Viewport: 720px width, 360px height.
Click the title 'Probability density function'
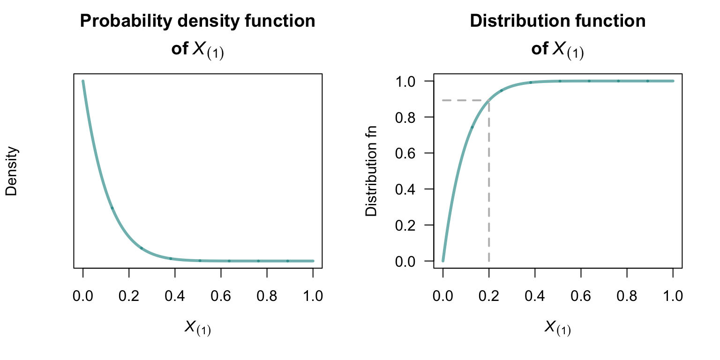click(197, 21)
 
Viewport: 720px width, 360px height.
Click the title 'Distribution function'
click(557, 21)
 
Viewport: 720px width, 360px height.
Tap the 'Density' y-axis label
click(12, 171)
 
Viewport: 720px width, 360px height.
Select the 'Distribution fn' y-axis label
click(371, 171)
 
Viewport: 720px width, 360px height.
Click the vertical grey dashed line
click(489, 187)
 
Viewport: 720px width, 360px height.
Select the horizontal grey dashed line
click(464, 100)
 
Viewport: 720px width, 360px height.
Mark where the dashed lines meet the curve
click(489, 100)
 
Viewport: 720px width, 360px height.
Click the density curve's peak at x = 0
click(83, 81)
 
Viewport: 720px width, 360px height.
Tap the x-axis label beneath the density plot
click(197, 328)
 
